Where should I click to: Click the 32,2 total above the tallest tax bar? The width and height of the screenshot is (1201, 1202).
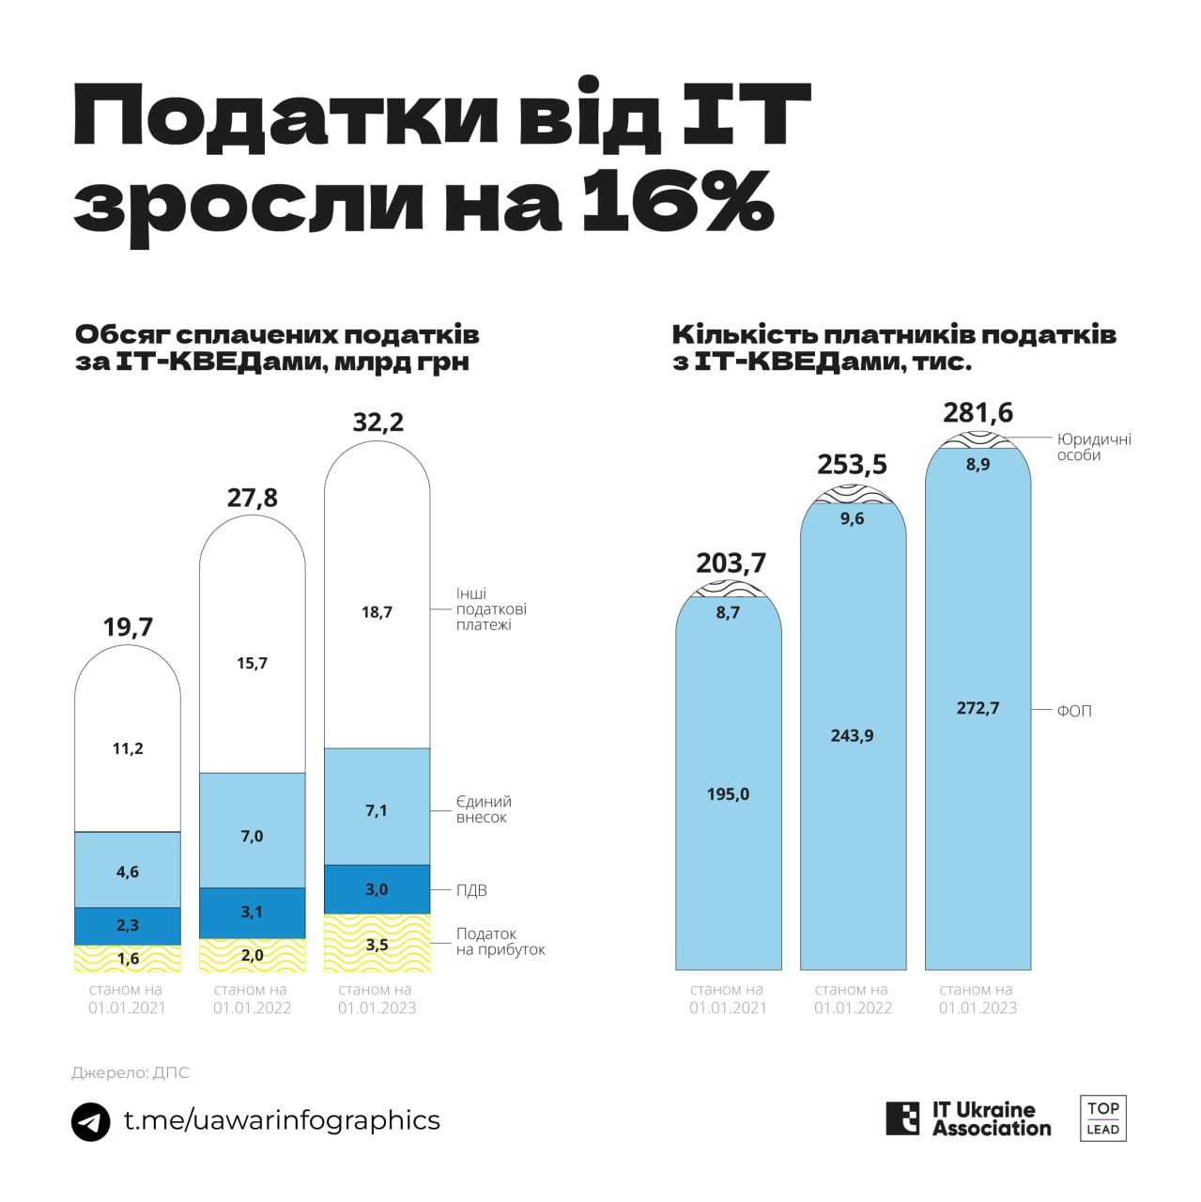(377, 423)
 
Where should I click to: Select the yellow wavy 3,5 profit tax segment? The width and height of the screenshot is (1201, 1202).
(377, 944)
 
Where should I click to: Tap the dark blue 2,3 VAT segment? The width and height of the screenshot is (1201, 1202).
(128, 926)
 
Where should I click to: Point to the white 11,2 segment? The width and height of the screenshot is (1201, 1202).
(128, 748)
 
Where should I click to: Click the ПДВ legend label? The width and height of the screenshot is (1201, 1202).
(471, 890)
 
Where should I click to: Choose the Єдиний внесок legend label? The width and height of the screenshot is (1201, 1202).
(484, 809)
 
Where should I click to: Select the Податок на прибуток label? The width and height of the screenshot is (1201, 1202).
(500, 942)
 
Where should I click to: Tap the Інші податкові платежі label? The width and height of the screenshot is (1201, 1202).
(491, 609)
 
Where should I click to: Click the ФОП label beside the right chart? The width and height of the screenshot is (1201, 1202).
(1074, 712)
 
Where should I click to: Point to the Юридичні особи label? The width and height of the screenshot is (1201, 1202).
(1094, 447)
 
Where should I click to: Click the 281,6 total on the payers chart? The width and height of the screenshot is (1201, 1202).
(978, 413)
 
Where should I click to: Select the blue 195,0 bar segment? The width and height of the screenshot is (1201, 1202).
(728, 794)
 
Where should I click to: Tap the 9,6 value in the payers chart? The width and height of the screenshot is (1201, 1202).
(853, 519)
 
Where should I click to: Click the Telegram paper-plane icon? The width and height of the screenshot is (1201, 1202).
(91, 1121)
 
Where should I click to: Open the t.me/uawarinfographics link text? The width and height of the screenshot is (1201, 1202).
(282, 1120)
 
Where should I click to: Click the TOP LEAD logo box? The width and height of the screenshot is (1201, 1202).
(1102, 1118)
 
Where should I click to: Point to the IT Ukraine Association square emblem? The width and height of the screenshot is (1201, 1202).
(902, 1118)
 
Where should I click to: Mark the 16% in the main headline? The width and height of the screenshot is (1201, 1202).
(676, 202)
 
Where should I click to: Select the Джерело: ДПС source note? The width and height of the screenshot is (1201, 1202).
(131, 1072)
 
